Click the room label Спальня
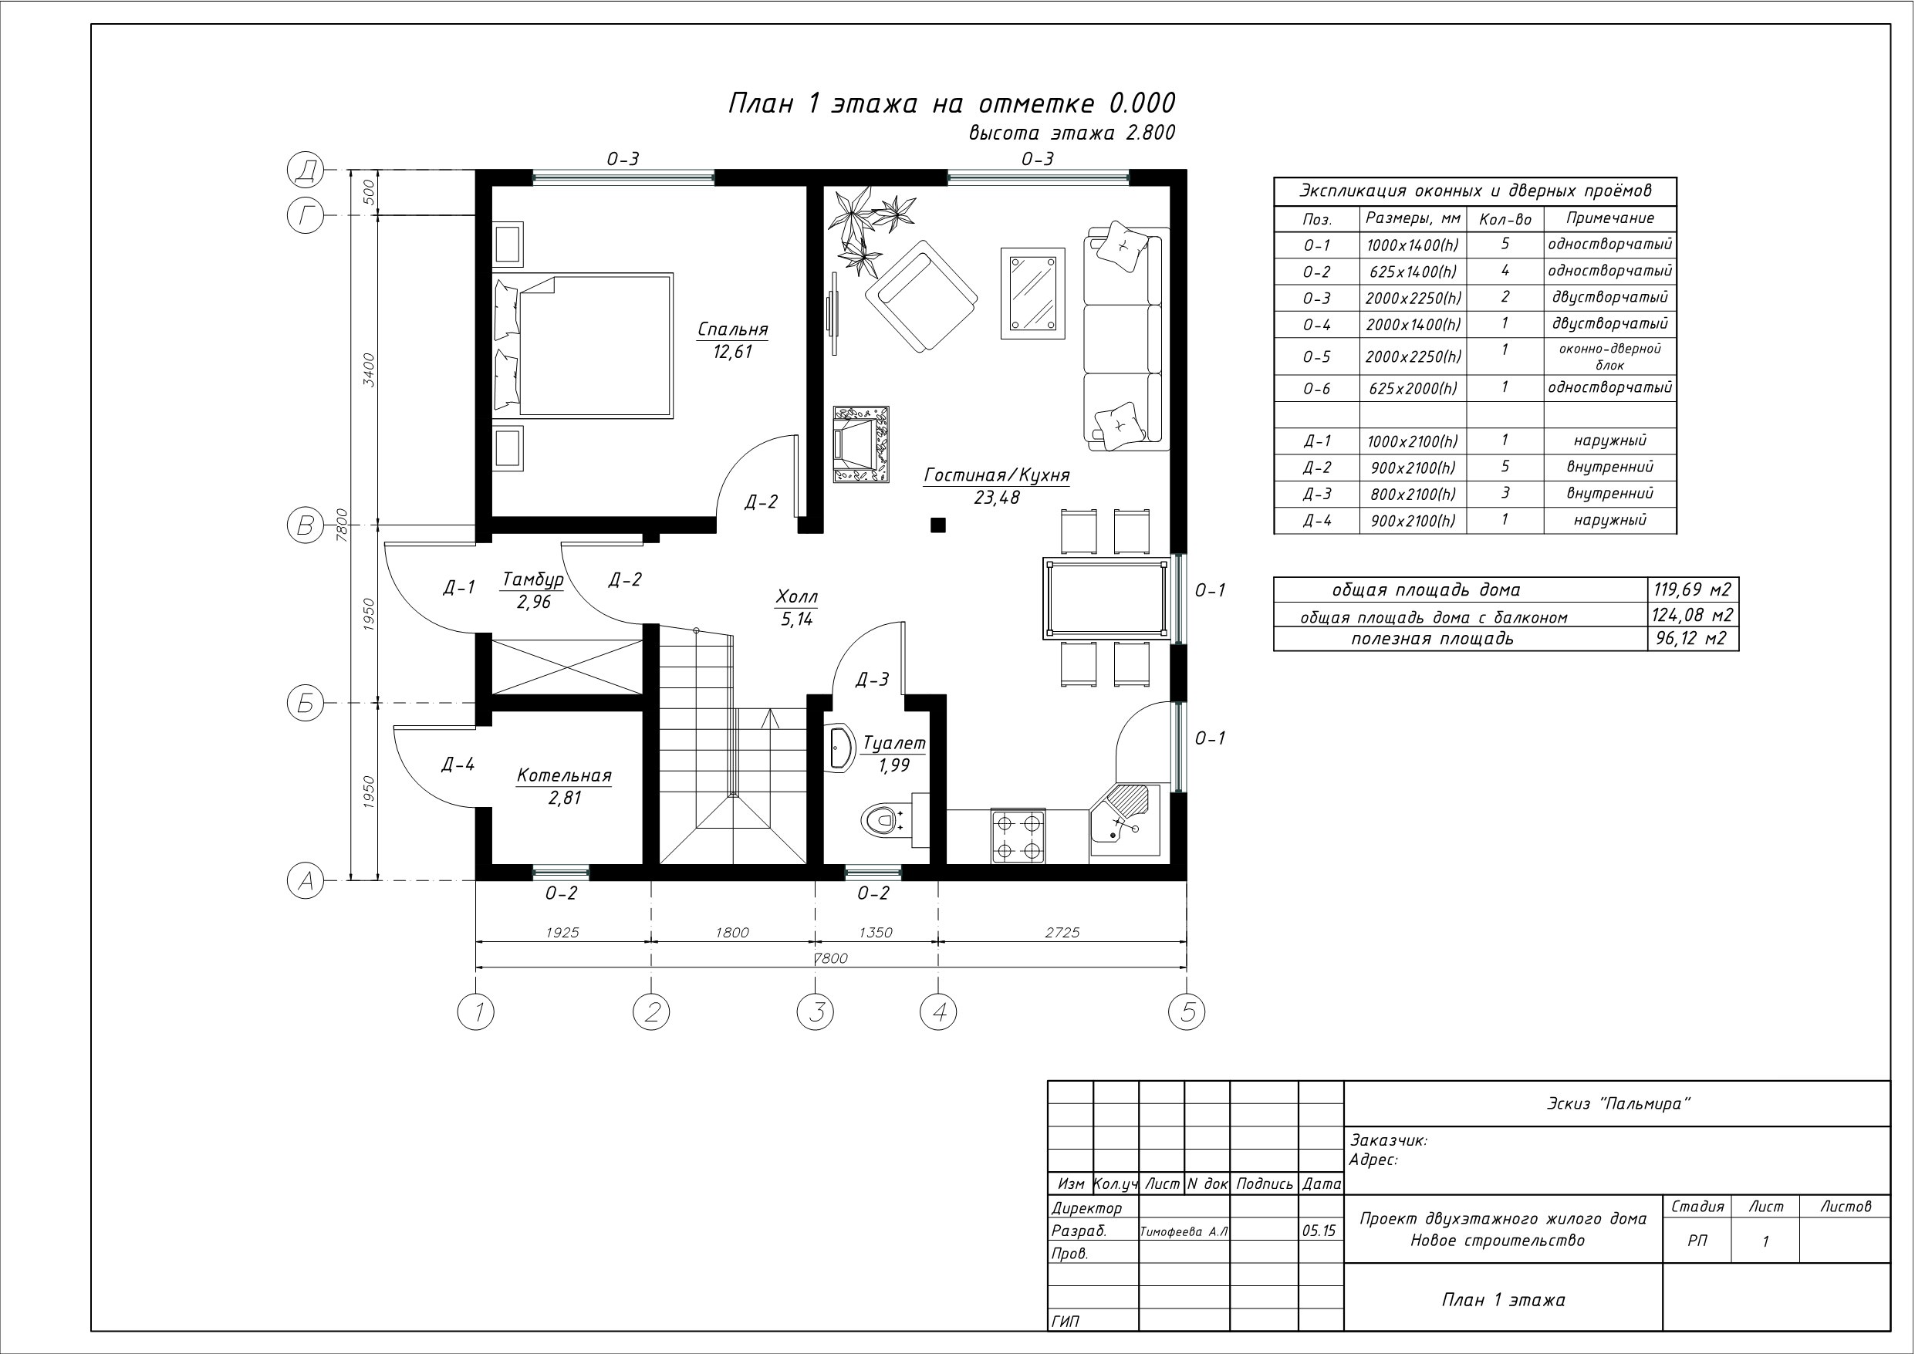tap(732, 329)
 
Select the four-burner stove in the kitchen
tap(1018, 835)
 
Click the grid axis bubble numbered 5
tap(1187, 1012)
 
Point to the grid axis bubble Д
tap(306, 171)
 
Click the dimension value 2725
tap(1062, 933)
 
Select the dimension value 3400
tap(369, 370)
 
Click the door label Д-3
tap(873, 680)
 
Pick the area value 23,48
tap(997, 498)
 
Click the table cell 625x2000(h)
tap(1413, 389)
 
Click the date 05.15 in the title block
tap(1319, 1231)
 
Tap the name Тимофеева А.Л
tap(1184, 1231)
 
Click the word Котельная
tap(564, 776)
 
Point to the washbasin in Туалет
tap(840, 748)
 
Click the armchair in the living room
tap(920, 296)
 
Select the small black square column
tap(938, 525)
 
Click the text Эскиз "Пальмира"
tap(1618, 1104)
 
